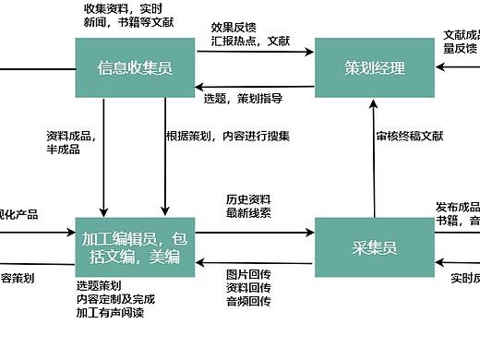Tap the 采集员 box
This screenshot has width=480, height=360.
point(375,246)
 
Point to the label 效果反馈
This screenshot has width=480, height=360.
point(234,28)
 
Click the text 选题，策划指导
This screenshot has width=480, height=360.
point(243,98)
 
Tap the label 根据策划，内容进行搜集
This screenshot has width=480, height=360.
point(228,136)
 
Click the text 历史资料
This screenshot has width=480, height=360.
point(248,199)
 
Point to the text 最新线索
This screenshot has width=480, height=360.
point(248,213)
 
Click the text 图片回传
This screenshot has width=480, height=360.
point(248,273)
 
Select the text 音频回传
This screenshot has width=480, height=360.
point(248,301)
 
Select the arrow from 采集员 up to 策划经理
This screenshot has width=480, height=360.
point(375,157)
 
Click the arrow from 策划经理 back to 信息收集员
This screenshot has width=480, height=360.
point(254,87)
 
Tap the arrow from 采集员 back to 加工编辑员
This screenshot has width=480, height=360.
point(254,261)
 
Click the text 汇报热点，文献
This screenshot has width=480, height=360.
point(250,42)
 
